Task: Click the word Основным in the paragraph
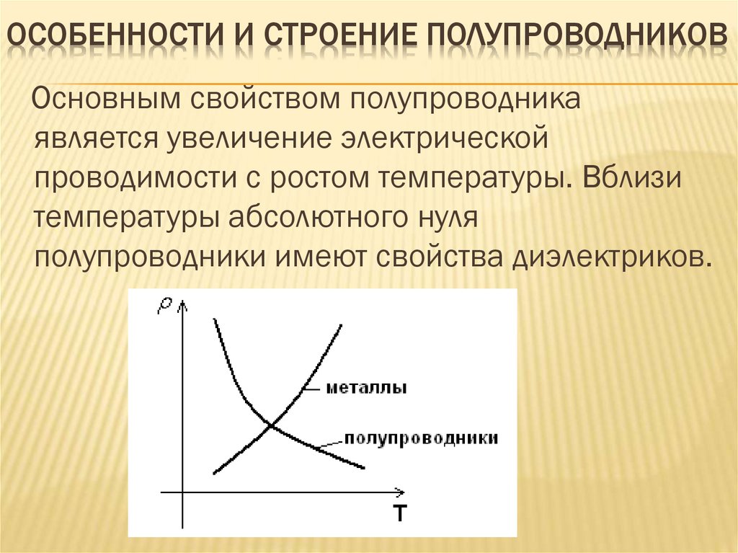(105, 99)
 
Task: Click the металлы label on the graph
(367, 389)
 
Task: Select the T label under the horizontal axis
(400, 514)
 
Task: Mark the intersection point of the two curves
(272, 425)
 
